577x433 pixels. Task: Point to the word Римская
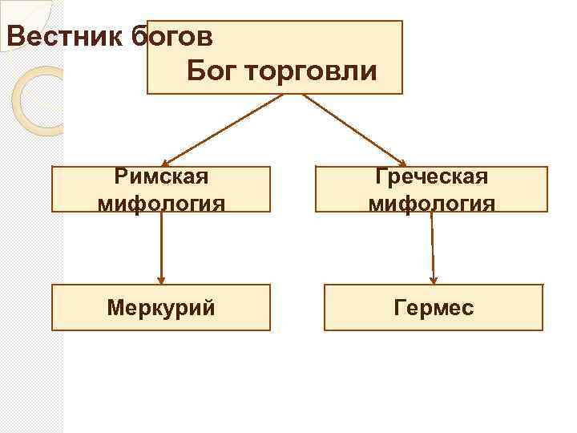[161, 176]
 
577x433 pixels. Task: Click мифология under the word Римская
[161, 201]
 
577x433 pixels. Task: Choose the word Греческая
[432, 176]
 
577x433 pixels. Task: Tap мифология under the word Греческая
[432, 201]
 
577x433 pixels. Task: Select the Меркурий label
[161, 308]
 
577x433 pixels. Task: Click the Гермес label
[434, 308]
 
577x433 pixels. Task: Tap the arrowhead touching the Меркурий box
[161, 280]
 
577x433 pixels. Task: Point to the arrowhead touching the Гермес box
[434, 280]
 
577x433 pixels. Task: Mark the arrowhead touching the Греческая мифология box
[402, 162]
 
